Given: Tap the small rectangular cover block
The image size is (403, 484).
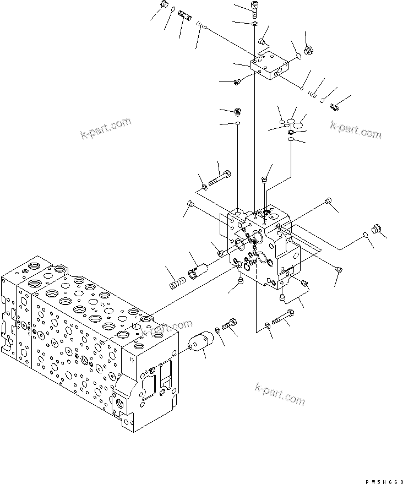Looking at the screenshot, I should pyautogui.click(x=269, y=67).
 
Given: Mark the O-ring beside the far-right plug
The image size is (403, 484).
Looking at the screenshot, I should pyautogui.click(x=365, y=236).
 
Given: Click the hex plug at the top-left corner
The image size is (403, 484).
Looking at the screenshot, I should pyautogui.click(x=163, y=6).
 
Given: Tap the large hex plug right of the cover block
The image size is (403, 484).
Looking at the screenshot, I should pyautogui.click(x=308, y=50).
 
